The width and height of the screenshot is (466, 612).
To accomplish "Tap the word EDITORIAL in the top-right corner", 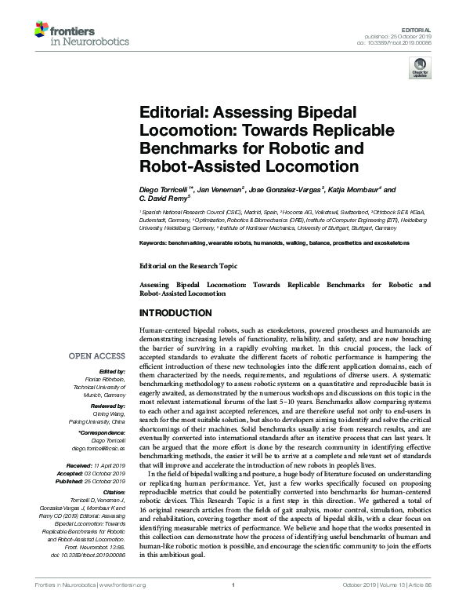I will [437, 28].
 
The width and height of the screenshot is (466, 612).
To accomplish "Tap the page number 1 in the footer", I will [233, 607].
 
